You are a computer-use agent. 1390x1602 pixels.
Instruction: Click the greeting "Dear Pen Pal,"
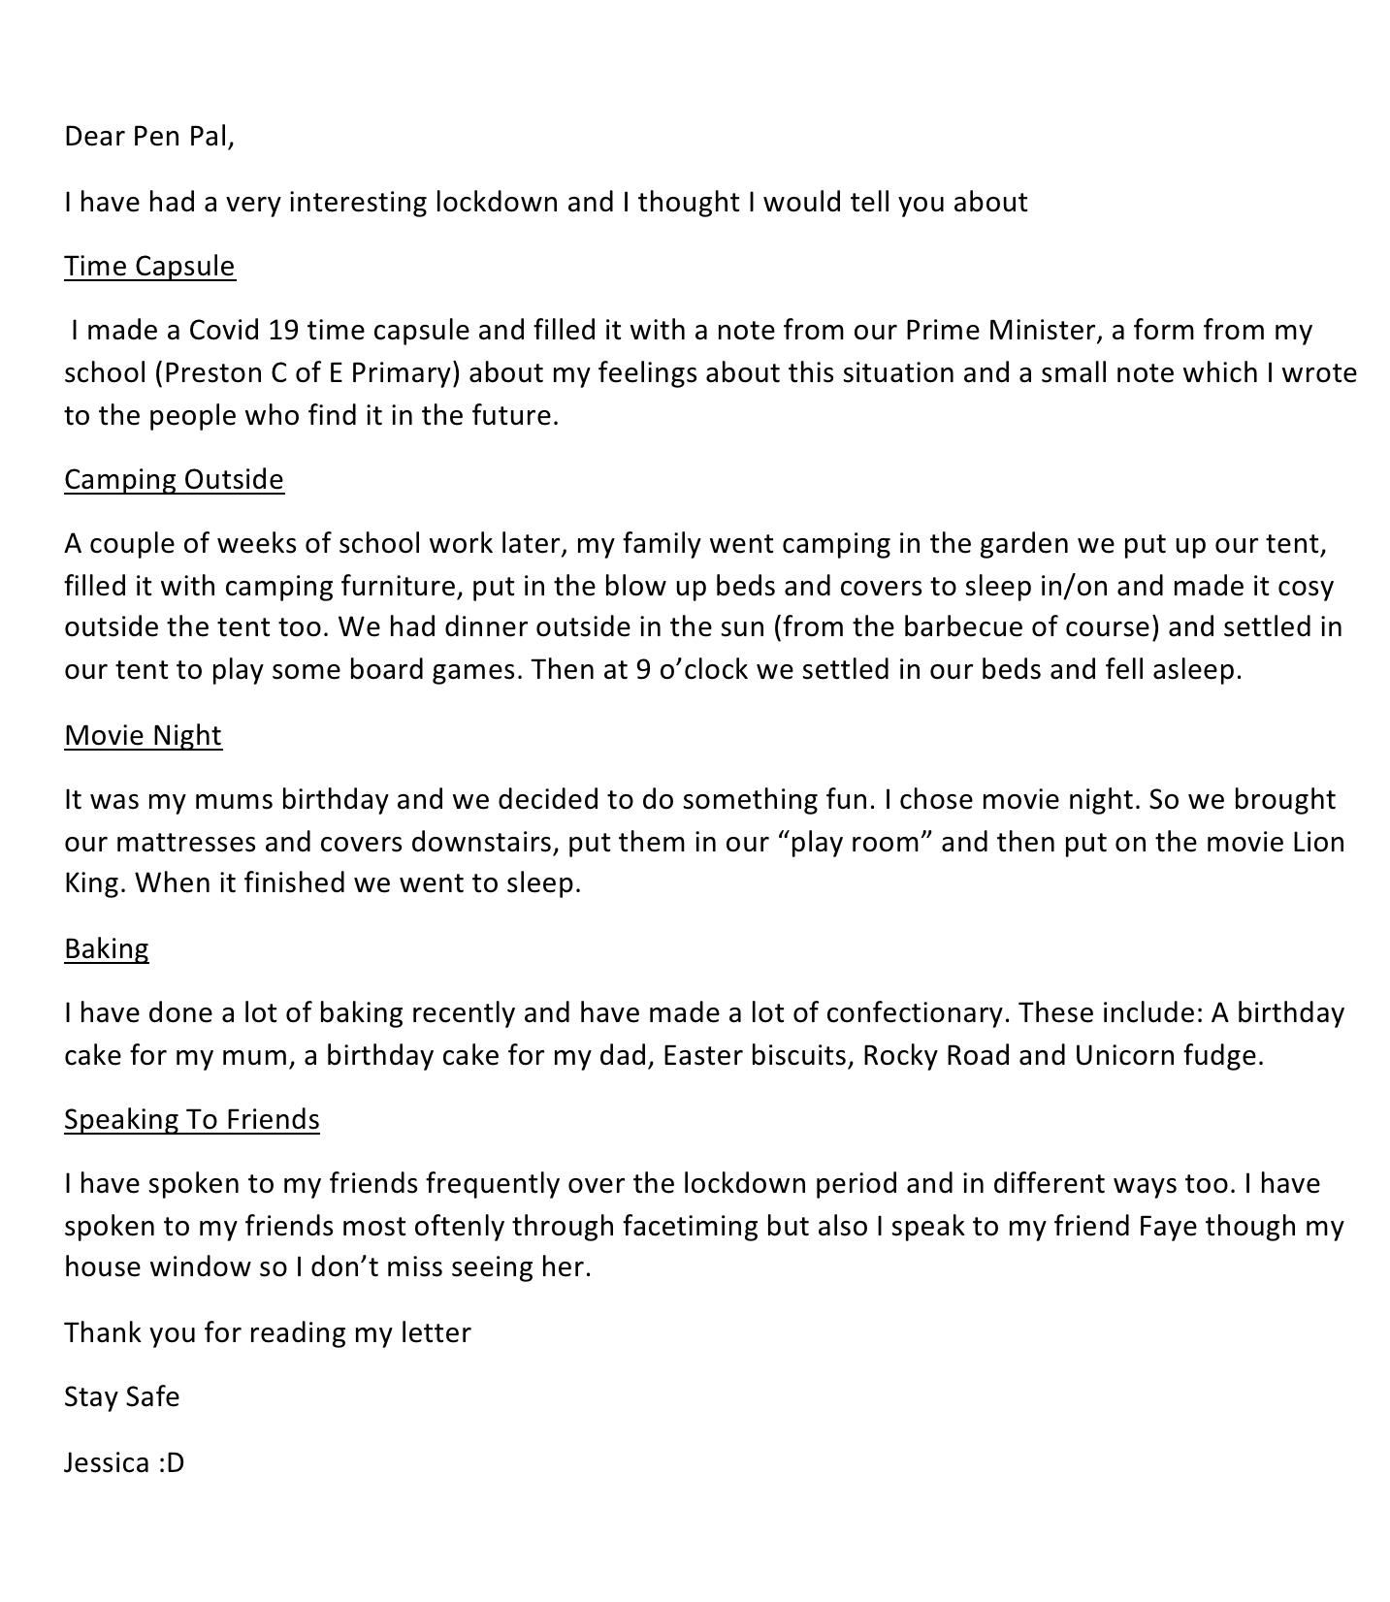(x=149, y=137)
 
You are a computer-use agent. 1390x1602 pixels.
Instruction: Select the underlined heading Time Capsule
(x=149, y=267)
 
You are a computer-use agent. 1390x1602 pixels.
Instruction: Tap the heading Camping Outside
(x=174, y=480)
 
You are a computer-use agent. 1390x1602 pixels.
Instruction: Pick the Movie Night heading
(x=143, y=736)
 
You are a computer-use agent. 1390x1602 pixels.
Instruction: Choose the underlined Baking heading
(x=107, y=949)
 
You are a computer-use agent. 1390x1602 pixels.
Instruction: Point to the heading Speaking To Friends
(x=192, y=1120)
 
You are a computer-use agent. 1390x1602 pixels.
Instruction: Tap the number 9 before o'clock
(x=643, y=670)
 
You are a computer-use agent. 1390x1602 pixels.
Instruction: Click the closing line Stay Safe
(x=122, y=1397)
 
